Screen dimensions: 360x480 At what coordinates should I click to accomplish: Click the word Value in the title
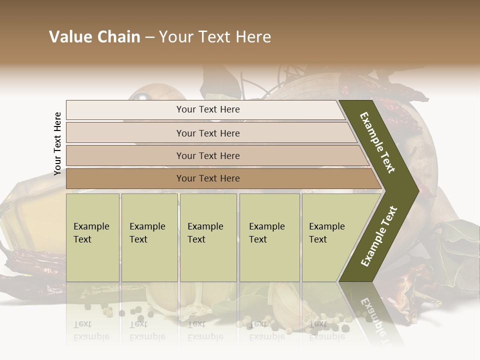click(x=69, y=37)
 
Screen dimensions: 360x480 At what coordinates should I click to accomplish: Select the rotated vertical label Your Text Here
click(x=57, y=144)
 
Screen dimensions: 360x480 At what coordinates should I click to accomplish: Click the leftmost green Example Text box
click(x=92, y=237)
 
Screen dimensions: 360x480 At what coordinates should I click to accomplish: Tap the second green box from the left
click(x=149, y=237)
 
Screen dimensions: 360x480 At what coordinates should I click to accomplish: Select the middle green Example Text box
click(x=208, y=237)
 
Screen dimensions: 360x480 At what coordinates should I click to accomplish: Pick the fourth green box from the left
click(x=269, y=237)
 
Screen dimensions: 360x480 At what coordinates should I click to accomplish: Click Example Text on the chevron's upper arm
click(x=377, y=142)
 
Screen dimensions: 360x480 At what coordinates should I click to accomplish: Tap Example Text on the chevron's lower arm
click(x=379, y=236)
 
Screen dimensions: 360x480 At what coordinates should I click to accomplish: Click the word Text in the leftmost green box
click(x=82, y=239)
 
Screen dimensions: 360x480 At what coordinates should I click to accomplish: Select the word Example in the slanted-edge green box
click(x=327, y=226)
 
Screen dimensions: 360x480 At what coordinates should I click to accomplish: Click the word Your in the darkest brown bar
click(x=186, y=178)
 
